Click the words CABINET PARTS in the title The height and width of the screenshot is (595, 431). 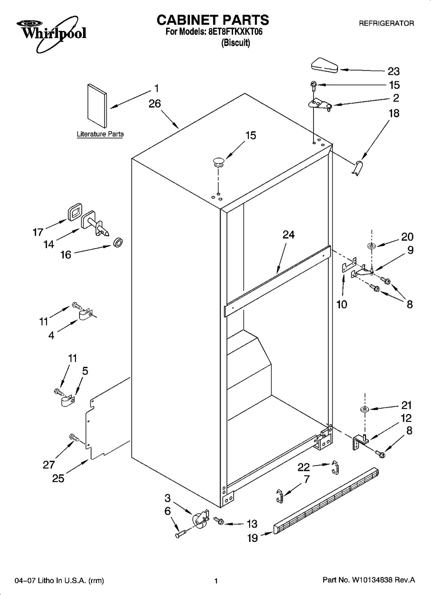pos(213,20)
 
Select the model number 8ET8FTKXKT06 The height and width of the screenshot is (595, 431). pos(235,32)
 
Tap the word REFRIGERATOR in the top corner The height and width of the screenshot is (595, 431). pos(386,23)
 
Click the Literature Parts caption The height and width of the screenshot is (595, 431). pos(100,134)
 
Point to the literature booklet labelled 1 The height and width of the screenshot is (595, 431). pos(97,106)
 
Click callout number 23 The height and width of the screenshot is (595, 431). pos(393,71)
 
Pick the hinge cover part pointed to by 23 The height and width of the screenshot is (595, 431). pos(324,65)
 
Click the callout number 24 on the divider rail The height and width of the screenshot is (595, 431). pos(289,234)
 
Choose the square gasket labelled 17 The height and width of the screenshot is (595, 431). pos(75,212)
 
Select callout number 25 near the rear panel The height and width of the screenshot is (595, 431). pos(58,478)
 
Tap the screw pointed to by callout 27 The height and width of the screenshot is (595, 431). pos(74,437)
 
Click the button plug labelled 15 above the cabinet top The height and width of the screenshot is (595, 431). pos(218,162)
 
